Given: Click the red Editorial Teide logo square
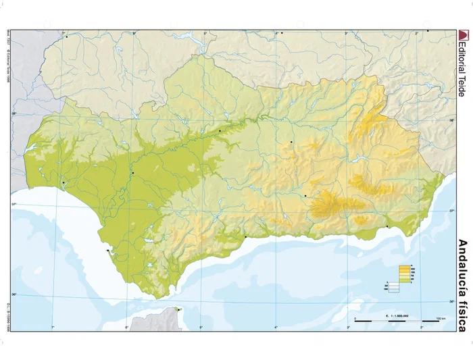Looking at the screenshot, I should pos(463,34).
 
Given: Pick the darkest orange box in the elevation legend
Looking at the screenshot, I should pos(406,267).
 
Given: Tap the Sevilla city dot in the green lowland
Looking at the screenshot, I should pos(133,174).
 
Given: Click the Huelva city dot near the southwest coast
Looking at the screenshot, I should pos(63,182).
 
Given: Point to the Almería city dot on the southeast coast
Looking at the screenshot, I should pos(387,227).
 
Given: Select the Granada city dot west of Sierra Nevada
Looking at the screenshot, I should pos(305,196).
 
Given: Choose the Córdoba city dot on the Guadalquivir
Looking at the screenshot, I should pos(220,130).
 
